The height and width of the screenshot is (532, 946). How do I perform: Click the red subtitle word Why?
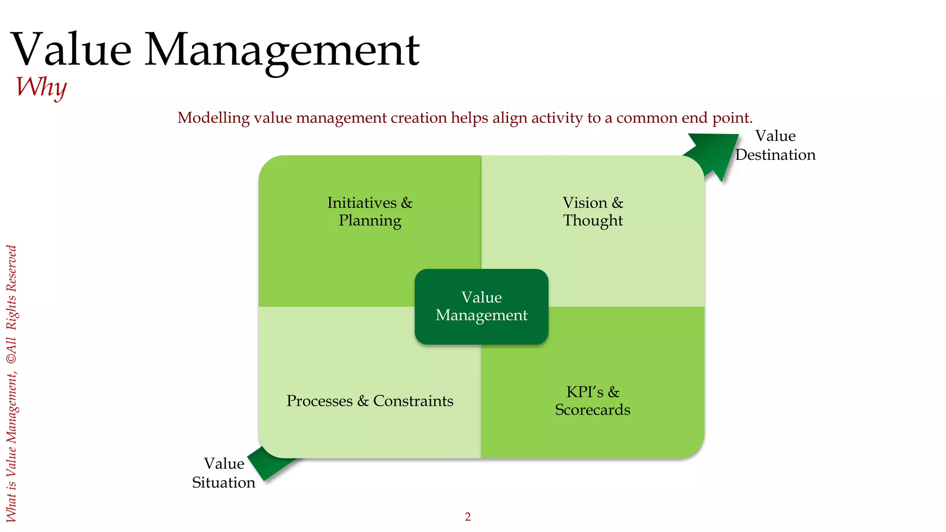coord(41,86)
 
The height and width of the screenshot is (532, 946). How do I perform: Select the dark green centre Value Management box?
coord(481,306)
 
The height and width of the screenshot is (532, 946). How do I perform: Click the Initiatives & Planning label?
coord(370,212)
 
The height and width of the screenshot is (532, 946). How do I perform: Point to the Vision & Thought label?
coord(593,212)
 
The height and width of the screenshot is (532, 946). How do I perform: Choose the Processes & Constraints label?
coord(370,401)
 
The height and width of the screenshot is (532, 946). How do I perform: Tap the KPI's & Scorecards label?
coord(593,401)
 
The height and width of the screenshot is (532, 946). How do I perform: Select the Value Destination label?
coord(775,145)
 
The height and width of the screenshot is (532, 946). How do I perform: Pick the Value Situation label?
coord(224,473)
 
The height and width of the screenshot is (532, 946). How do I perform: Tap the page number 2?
coord(467,517)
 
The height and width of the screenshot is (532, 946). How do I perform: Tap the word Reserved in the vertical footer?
coord(12,268)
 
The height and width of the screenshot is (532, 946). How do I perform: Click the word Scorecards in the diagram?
coord(593,410)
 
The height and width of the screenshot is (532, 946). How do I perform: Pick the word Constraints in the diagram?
coord(413,401)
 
